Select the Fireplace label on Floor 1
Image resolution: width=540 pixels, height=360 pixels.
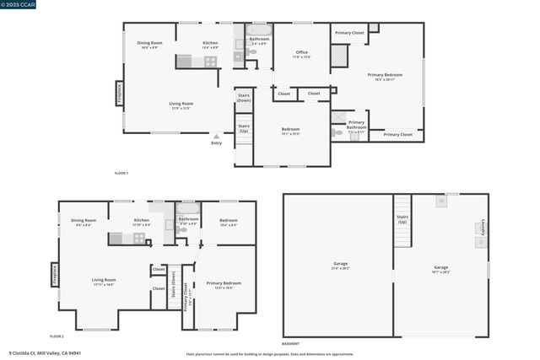(x=119, y=93)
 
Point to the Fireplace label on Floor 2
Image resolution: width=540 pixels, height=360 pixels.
(x=54, y=275)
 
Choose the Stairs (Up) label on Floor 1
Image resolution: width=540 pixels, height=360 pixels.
(x=243, y=129)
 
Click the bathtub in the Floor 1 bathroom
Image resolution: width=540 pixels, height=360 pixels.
(x=259, y=30)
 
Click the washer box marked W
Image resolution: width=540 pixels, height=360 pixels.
(x=440, y=201)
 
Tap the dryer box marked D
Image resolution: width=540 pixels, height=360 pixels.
(x=481, y=242)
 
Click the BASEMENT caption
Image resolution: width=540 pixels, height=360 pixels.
(x=290, y=344)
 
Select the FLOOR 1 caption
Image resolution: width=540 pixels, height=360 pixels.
(x=121, y=173)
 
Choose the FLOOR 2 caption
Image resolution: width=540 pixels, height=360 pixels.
(x=57, y=336)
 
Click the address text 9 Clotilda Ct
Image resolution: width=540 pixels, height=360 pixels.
(x=42, y=353)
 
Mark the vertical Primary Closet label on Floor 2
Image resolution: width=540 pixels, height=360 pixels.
(x=186, y=295)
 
